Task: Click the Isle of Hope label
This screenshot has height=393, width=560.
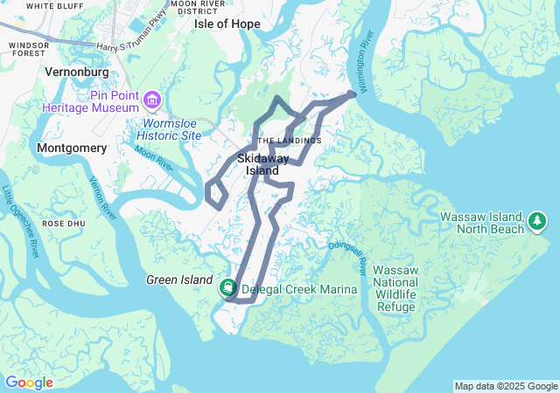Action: point(227,24)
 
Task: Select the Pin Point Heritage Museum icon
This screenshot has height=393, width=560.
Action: point(154,100)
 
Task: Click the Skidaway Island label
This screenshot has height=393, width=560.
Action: point(262,164)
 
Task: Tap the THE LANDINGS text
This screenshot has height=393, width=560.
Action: point(290,140)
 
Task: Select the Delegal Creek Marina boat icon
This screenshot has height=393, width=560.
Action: point(228,287)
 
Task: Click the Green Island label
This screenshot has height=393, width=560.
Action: point(178,279)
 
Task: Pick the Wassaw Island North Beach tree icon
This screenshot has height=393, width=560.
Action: point(537,223)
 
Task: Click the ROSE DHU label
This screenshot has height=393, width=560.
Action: point(62,224)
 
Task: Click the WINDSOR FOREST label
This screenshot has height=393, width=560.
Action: point(27,49)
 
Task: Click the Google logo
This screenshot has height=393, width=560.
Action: point(30,382)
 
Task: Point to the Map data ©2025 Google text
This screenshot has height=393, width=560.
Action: point(505,386)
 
